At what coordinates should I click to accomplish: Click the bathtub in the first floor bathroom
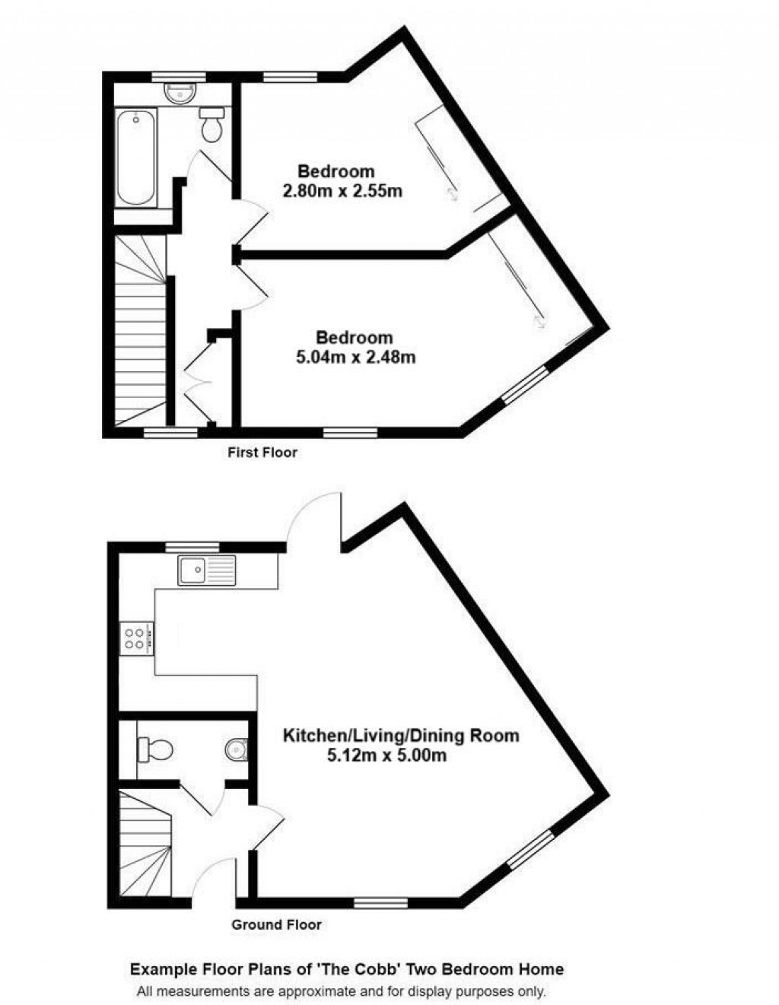(136, 157)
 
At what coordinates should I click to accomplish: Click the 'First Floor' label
(262, 453)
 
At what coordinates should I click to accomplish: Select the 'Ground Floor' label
(276, 925)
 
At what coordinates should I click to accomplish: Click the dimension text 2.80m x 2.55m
(342, 191)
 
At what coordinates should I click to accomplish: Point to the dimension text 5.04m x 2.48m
(355, 356)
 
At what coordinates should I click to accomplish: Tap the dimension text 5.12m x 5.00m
(386, 756)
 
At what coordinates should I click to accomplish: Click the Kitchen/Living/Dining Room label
(401, 736)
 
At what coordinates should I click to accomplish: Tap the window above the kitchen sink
(192, 545)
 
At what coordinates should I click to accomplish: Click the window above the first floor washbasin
(178, 75)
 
